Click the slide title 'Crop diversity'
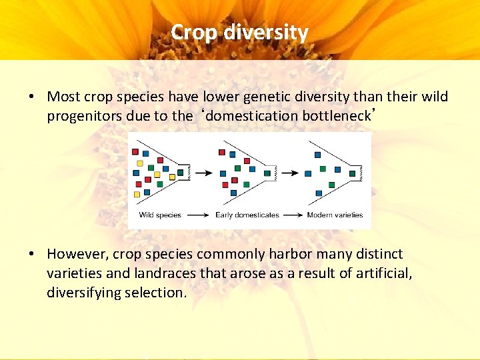[239, 32]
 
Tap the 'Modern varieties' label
[335, 215]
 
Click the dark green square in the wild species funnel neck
[181, 173]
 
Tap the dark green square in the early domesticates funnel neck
[267, 173]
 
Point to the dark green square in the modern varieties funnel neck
[353, 173]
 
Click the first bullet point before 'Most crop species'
[31, 97]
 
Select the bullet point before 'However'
[31, 255]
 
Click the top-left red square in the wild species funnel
[135, 142]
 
